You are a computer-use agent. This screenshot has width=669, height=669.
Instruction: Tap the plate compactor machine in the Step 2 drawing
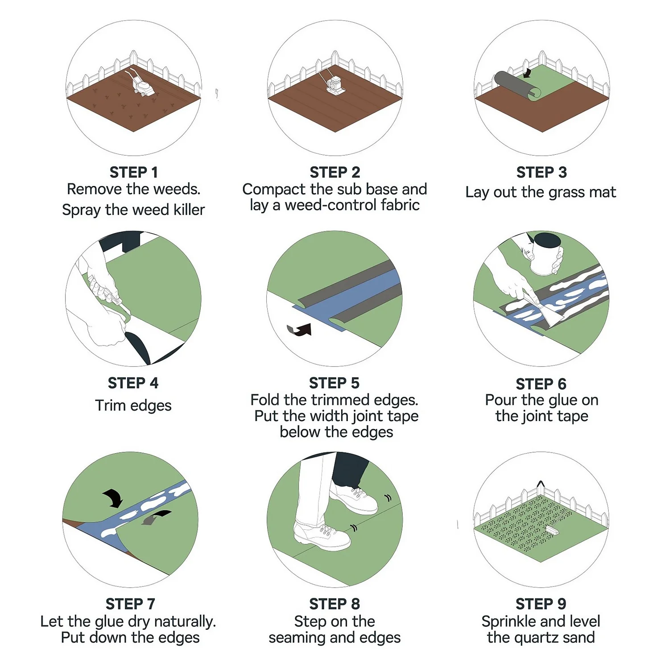[334, 84]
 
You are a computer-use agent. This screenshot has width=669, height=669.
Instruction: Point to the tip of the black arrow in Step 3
[526, 77]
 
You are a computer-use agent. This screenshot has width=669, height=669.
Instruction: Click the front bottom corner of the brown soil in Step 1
[133, 132]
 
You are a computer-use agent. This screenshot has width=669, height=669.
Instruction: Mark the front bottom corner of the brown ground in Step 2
[335, 132]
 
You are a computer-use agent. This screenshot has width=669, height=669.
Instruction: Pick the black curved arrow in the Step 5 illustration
[300, 330]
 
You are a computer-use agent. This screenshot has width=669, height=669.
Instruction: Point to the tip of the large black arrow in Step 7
[116, 508]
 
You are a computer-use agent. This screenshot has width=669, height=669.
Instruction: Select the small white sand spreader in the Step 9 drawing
[552, 530]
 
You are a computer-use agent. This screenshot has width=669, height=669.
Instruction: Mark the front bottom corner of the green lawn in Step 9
[541, 556]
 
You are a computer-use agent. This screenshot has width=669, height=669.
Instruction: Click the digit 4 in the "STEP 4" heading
[154, 383]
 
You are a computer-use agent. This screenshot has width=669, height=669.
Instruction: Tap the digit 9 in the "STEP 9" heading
[562, 604]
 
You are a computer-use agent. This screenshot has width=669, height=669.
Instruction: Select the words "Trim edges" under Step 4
[133, 405]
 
